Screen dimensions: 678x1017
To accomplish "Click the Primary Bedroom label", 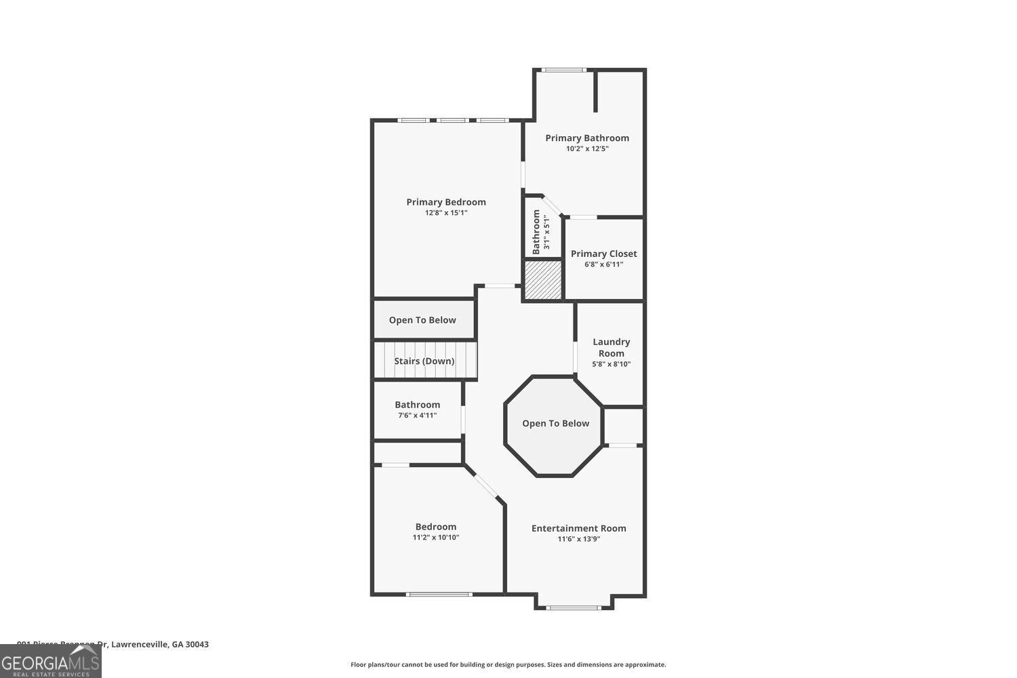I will click(x=446, y=202).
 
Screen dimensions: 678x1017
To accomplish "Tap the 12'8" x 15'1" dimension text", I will click(x=446, y=213).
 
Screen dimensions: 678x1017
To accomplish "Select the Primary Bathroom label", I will click(x=587, y=138).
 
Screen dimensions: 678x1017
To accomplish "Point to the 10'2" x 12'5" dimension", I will click(x=587, y=148).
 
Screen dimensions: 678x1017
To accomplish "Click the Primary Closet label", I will click(x=603, y=254).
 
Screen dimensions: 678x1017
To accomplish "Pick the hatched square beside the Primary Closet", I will click(x=544, y=280).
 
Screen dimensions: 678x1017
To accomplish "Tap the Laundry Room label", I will click(x=611, y=347).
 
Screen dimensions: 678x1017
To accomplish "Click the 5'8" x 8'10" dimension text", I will click(x=611, y=364).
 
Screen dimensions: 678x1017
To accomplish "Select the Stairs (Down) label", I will click(x=424, y=361).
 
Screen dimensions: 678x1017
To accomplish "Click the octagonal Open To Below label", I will click(x=555, y=423).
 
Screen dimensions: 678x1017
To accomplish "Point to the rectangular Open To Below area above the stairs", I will click(x=422, y=320).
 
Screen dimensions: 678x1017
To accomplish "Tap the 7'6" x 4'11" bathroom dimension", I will click(x=417, y=415).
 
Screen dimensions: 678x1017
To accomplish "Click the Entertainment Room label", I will click(x=578, y=528).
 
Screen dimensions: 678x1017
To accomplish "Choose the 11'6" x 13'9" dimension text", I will click(x=578, y=539).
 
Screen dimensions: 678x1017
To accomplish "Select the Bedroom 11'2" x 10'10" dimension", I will click(x=436, y=538).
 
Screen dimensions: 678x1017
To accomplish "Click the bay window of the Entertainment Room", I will click(x=574, y=607).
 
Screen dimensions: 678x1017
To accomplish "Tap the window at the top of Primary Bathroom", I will click(x=563, y=70).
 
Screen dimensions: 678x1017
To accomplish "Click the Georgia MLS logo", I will click(x=50, y=662).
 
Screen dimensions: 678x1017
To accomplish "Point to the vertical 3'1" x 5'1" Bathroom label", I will click(x=540, y=232).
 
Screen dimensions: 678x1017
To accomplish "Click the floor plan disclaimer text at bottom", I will click(x=508, y=665).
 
